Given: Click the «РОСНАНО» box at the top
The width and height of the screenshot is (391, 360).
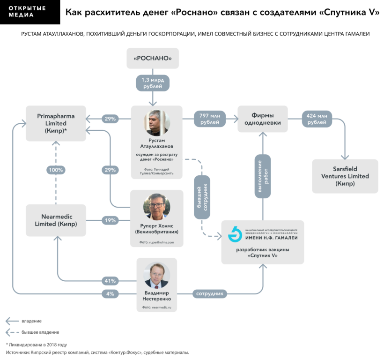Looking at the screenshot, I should tap(153, 58).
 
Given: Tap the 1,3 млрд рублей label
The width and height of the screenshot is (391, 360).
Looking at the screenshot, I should tap(153, 83).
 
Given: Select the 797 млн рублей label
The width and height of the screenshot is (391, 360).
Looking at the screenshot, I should tap(210, 119).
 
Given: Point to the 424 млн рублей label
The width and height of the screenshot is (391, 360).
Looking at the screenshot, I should tap(317, 119).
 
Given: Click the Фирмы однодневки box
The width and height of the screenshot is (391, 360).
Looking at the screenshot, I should tap(262, 119).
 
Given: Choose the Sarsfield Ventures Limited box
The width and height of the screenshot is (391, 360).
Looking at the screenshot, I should tap(345, 176).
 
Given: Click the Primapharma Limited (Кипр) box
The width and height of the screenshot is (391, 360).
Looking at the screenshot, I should tap(56, 123).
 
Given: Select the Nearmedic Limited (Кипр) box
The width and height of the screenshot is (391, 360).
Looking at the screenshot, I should tap(56, 220).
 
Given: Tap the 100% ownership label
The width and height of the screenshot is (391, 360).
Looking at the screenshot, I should tap(56, 170).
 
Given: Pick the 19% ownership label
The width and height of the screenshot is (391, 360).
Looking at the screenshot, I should tap(110, 220).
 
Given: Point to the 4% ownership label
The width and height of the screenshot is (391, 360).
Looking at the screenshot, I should tap(110, 294).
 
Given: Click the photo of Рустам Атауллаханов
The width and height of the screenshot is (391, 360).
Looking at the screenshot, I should tap(157, 123).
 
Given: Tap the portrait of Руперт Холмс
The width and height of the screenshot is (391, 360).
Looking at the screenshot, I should tap(157, 207).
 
